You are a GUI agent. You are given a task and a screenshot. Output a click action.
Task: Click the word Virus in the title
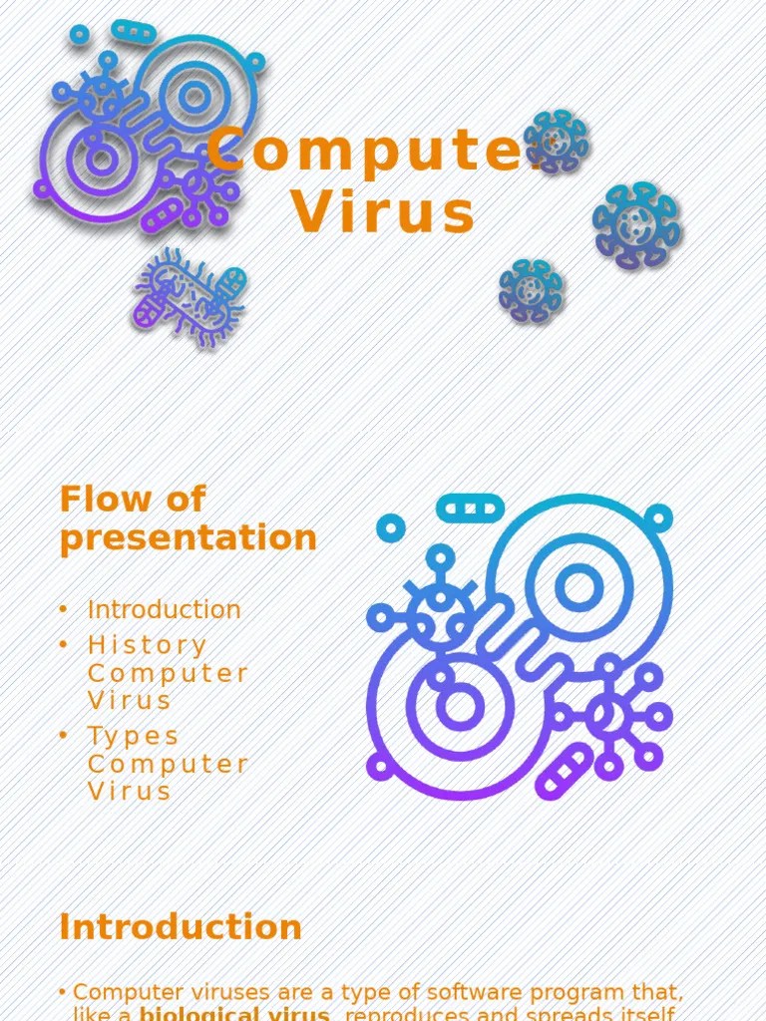click(x=384, y=213)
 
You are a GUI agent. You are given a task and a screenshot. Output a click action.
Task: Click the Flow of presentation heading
click(x=188, y=518)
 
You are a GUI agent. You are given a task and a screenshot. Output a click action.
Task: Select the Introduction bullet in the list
click(x=164, y=609)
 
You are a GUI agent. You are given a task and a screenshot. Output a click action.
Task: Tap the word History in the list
click(x=148, y=645)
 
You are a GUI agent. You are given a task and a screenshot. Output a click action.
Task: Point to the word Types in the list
click(x=134, y=736)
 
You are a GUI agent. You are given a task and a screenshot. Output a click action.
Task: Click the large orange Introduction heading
click(x=181, y=927)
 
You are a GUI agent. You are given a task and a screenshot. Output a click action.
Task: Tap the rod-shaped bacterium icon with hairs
click(x=189, y=297)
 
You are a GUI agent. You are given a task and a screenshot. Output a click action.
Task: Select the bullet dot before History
click(x=63, y=645)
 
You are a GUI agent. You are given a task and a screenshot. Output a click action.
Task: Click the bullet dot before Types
click(x=63, y=736)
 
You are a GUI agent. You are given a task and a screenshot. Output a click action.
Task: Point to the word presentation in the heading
click(x=188, y=538)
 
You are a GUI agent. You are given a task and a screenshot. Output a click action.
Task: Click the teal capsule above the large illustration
click(x=471, y=508)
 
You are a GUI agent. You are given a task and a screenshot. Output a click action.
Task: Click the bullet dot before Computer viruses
click(x=63, y=992)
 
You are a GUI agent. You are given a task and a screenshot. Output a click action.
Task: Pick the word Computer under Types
click(x=168, y=764)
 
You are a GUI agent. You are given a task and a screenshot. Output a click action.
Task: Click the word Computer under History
click(x=168, y=673)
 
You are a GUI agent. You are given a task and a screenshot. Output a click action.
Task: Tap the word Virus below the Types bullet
click(x=130, y=791)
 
